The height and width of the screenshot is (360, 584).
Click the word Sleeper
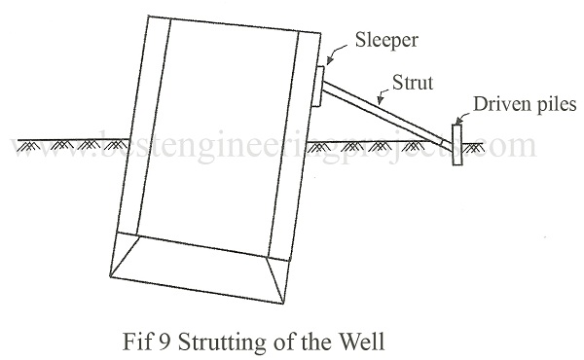point(386,41)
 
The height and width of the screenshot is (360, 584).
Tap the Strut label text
point(413,83)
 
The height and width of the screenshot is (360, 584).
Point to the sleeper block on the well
point(317,86)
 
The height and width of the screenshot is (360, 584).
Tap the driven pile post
point(457,144)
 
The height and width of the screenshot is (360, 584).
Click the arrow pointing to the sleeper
point(337,53)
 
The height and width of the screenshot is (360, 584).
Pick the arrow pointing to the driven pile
point(462,119)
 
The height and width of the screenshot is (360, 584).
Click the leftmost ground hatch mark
point(28,146)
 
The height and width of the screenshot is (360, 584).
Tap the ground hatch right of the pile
point(473,148)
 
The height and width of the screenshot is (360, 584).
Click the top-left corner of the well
point(149,16)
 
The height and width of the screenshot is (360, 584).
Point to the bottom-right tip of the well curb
point(283,304)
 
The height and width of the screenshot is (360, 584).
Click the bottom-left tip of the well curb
point(110,276)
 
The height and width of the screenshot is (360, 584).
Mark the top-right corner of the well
point(320,33)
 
